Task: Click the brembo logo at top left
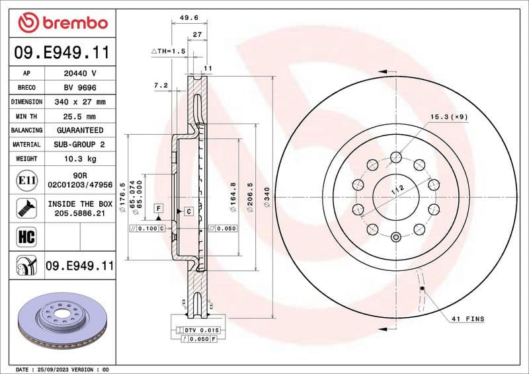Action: click(62, 23)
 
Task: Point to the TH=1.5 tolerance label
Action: click(169, 51)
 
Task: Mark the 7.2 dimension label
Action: click(161, 86)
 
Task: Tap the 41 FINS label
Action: click(468, 319)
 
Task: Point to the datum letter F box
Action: click(159, 208)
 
